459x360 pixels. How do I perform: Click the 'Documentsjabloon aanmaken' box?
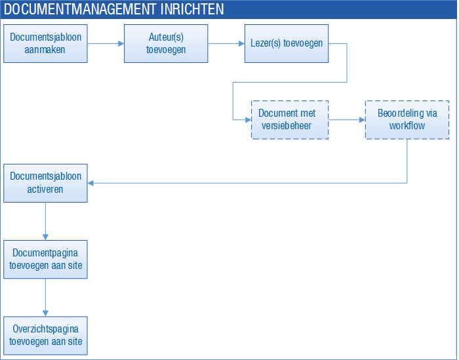(x=45, y=44)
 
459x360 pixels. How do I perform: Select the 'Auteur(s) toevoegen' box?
(x=166, y=44)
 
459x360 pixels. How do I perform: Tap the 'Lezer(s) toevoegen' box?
(x=287, y=44)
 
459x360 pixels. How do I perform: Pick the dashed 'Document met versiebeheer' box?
(x=290, y=120)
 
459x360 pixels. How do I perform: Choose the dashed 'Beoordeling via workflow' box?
(x=407, y=120)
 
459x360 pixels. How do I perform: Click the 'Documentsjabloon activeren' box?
(x=45, y=183)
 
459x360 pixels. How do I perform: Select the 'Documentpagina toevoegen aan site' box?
(x=45, y=259)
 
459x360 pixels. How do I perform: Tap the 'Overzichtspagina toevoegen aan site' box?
(x=45, y=336)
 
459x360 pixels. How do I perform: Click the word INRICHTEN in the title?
(x=192, y=9)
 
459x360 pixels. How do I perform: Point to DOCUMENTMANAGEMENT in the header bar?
(x=79, y=9)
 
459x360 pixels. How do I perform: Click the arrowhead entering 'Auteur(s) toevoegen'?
(x=121, y=44)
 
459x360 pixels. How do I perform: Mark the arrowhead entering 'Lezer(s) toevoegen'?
(x=242, y=44)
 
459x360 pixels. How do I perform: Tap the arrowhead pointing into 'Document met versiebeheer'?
(x=249, y=120)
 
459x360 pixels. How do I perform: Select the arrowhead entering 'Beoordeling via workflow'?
(x=362, y=120)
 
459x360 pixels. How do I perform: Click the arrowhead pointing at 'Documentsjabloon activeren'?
(x=90, y=183)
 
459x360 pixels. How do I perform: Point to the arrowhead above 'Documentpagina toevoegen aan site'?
(x=45, y=237)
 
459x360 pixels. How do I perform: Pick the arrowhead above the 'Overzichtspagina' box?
(x=45, y=313)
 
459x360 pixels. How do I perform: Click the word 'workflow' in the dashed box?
(x=407, y=126)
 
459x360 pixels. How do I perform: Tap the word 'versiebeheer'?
(x=287, y=126)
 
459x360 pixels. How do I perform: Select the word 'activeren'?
(x=45, y=190)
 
